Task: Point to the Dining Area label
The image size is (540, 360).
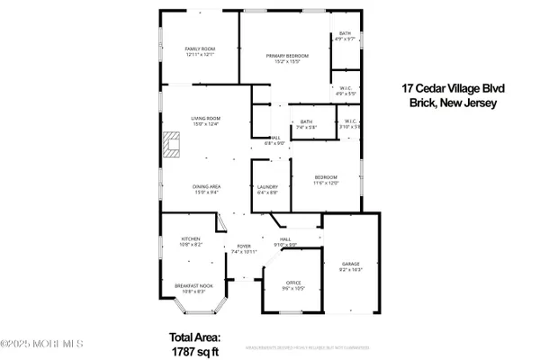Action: [x=206, y=188]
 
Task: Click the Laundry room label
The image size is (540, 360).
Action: [x=268, y=189]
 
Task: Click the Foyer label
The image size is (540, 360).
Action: [x=243, y=248]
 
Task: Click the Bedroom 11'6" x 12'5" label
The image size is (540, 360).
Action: [x=326, y=180]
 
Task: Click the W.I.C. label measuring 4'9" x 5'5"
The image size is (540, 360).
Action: [x=346, y=91]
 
